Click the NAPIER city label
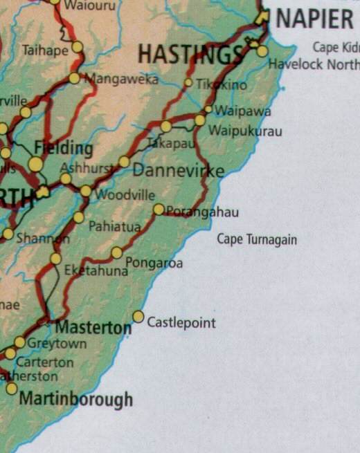315,19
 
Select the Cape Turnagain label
257,240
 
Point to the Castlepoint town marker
138,317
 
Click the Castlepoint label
181,323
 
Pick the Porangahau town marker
159,210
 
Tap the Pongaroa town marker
117,253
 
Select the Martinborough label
75,399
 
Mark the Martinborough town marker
12,389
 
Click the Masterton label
93,326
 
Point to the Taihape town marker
77,47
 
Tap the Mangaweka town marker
74,78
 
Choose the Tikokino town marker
188,83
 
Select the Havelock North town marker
262,50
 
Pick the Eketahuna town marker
56,259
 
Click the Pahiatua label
114,226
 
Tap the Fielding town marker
36,164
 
